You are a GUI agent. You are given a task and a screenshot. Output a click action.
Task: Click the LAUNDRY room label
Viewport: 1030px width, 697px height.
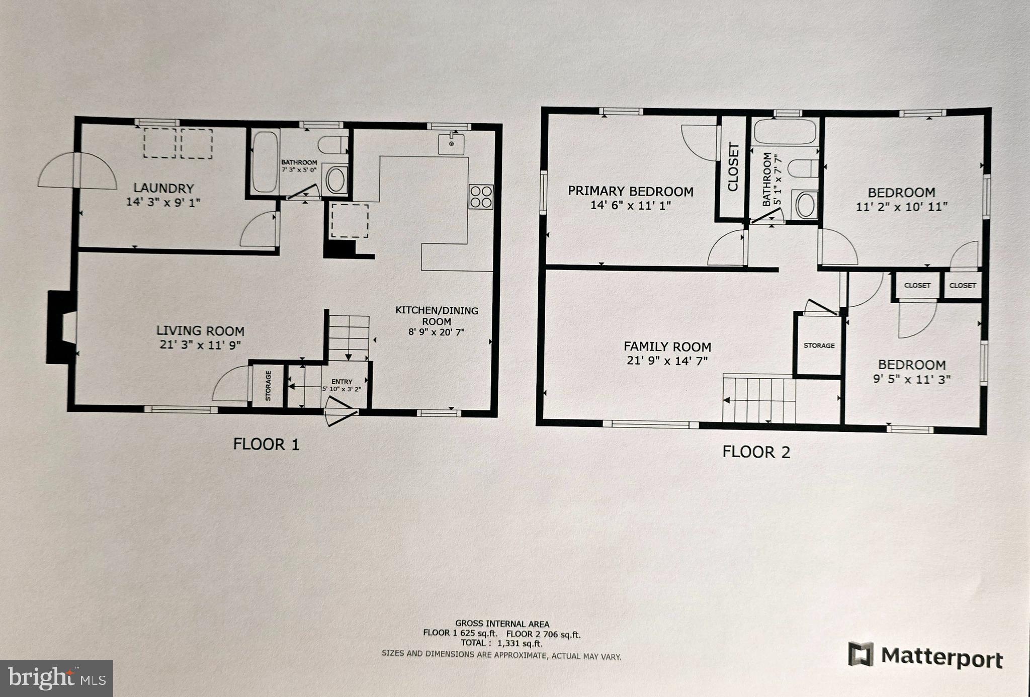click(163, 189)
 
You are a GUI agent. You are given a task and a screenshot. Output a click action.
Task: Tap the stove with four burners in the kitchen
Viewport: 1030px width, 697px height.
click(481, 197)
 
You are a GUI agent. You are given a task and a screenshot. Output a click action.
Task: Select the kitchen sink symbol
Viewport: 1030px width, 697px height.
click(451, 144)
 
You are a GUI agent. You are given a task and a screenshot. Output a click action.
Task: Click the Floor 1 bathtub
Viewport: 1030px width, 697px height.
click(265, 162)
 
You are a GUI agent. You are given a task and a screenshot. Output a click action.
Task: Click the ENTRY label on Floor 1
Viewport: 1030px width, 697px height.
click(341, 382)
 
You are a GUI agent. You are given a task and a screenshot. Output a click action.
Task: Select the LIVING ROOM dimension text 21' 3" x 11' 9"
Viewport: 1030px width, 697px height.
click(200, 345)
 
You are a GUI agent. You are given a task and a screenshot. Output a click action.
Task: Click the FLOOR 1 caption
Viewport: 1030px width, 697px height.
click(266, 444)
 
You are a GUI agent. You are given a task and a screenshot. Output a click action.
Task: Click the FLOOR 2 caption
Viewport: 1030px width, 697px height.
click(756, 452)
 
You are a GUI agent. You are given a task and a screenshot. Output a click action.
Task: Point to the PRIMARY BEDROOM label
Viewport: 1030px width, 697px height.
click(630, 191)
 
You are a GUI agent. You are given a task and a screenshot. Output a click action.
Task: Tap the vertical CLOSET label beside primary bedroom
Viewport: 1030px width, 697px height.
click(733, 167)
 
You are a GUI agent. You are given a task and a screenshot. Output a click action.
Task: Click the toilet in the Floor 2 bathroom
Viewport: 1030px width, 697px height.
click(803, 168)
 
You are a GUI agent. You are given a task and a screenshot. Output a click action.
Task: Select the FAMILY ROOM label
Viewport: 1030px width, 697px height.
click(667, 346)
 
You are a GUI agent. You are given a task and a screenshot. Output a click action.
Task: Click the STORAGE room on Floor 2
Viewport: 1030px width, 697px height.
click(819, 346)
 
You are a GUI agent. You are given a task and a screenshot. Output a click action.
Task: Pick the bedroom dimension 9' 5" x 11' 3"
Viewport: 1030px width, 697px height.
click(911, 379)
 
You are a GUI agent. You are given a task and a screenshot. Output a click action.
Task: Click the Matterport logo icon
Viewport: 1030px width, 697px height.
click(861, 654)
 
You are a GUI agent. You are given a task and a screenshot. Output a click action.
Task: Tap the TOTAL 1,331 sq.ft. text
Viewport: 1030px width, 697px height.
click(501, 643)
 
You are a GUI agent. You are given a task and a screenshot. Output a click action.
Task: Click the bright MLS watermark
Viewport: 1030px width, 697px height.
click(56, 678)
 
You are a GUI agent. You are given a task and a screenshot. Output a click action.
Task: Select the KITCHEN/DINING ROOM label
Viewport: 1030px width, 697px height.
click(436, 316)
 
